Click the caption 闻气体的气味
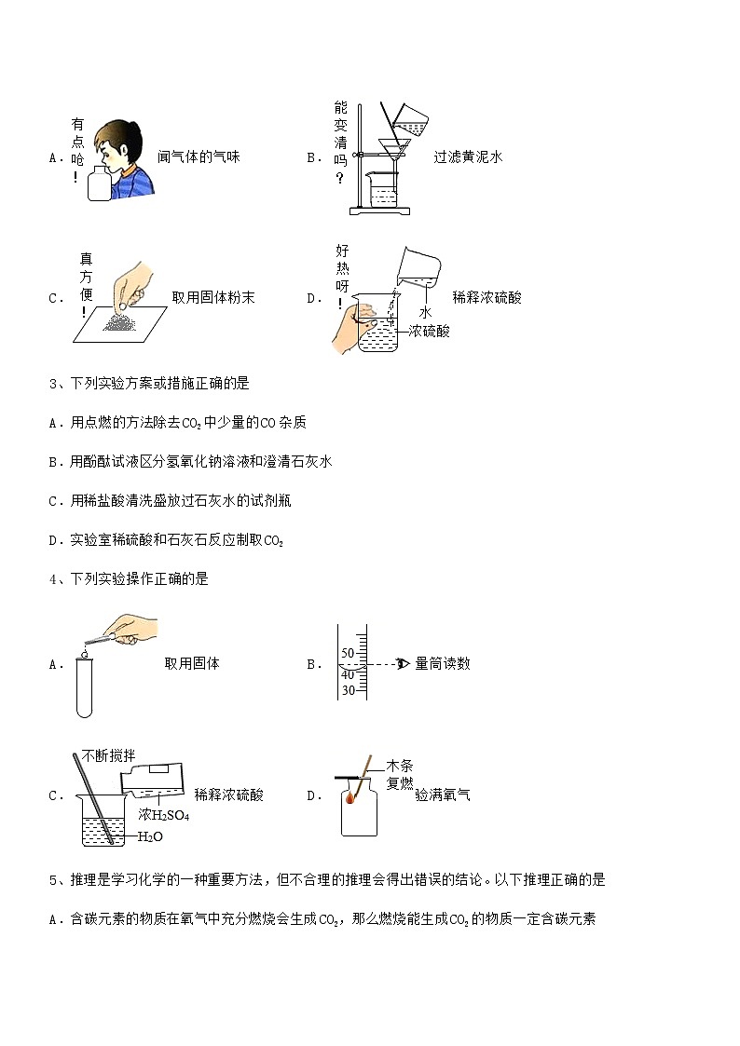coord(199,157)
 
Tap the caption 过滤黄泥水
coord(468,157)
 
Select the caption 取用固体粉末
coord(213,298)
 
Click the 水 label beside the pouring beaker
coord(425,313)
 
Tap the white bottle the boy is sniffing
coord(98,184)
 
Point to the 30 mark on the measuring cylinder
coord(348,690)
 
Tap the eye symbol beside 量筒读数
coord(404,664)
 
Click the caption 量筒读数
coord(443,664)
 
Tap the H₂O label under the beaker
coord(150,836)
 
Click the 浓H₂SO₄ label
coord(163,815)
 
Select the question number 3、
coord(58,383)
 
